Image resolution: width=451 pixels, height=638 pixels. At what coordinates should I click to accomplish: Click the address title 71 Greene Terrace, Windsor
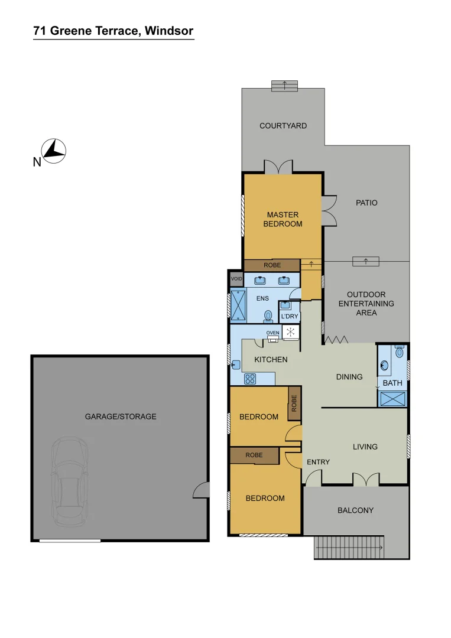click(113, 31)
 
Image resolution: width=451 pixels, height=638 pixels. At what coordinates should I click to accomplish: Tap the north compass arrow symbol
click(54, 150)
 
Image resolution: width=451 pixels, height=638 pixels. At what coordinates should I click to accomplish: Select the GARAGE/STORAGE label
click(121, 416)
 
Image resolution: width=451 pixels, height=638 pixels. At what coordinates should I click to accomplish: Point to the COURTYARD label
click(283, 126)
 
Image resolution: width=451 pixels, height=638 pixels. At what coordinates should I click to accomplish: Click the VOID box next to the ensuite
click(236, 278)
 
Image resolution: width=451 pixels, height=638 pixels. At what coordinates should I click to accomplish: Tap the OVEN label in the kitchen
click(272, 333)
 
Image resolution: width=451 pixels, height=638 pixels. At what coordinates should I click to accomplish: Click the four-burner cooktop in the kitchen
click(249, 379)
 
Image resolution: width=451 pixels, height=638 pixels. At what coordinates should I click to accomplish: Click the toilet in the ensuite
click(268, 316)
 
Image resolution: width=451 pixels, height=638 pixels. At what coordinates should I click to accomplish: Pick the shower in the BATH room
click(392, 398)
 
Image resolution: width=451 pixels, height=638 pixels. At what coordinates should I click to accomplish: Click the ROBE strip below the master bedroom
click(272, 266)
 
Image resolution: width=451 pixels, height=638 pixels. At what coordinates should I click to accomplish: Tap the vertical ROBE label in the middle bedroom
click(294, 403)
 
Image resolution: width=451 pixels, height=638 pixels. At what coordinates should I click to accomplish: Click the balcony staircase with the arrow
click(350, 548)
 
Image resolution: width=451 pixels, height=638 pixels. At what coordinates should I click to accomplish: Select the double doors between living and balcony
click(365, 480)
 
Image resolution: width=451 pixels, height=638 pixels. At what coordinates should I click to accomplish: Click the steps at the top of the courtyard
click(284, 86)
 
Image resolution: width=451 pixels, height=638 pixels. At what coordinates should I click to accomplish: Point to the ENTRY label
click(318, 462)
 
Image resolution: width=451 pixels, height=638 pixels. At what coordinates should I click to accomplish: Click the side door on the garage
click(202, 489)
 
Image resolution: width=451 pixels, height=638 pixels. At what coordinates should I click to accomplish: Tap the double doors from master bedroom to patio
click(329, 210)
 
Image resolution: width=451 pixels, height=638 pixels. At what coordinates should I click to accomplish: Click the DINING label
click(349, 376)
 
